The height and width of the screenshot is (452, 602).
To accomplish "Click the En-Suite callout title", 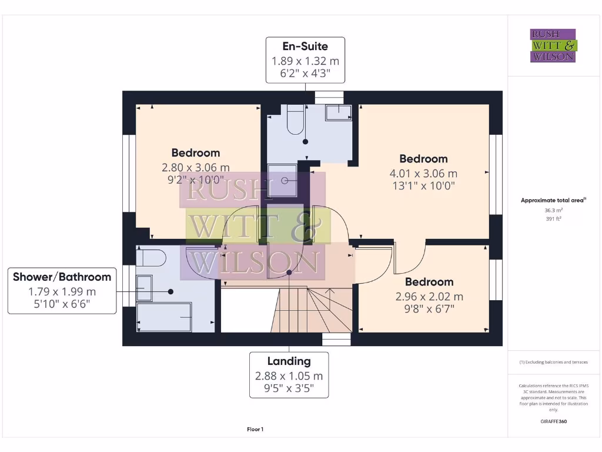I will pyautogui.click(x=305, y=46).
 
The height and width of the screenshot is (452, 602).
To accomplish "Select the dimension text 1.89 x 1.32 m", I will pyautogui.click(x=305, y=61).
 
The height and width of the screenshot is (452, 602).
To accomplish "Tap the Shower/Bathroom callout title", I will pyautogui.click(x=62, y=277).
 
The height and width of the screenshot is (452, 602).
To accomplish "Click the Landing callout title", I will pyautogui.click(x=289, y=361).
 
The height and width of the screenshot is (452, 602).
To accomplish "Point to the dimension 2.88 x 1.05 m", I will pyautogui.click(x=289, y=375).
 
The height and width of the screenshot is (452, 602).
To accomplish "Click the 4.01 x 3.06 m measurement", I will pyautogui.click(x=423, y=174).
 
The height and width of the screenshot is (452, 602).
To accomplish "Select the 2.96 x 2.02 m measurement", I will pyautogui.click(x=429, y=297).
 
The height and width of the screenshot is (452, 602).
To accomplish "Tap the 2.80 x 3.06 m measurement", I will pyautogui.click(x=196, y=168).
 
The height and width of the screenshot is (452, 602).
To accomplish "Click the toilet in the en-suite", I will pyautogui.click(x=295, y=121).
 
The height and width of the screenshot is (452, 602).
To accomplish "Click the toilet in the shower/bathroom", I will pyautogui.click(x=150, y=258).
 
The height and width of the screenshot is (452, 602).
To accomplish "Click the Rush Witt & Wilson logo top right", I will pyautogui.click(x=553, y=45).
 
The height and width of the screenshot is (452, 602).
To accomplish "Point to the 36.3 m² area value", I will pyautogui.click(x=553, y=210).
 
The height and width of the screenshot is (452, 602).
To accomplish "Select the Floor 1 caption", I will pyautogui.click(x=255, y=430).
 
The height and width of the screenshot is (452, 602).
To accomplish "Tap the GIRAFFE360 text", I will pyautogui.click(x=553, y=421).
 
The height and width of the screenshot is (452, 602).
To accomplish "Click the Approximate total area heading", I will pyautogui.click(x=552, y=200).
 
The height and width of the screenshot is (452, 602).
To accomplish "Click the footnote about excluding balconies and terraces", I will pyautogui.click(x=553, y=362).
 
